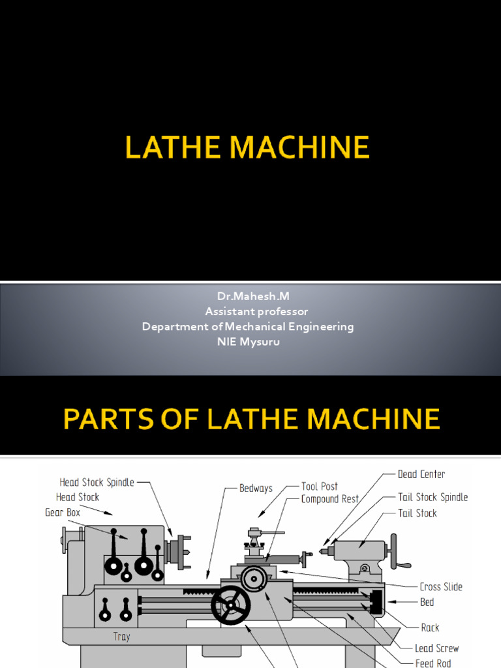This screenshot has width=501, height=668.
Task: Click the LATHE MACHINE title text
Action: point(247,148)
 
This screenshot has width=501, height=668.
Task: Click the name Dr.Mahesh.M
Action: point(248,296)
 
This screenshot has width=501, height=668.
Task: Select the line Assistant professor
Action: point(248,311)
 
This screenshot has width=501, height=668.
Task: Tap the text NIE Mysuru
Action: point(248,342)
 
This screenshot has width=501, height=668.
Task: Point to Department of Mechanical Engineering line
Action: point(248,326)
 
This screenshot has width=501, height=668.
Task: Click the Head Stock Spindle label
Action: point(97,483)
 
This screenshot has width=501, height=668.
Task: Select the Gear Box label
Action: point(63,512)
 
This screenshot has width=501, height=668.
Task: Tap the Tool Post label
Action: point(320,487)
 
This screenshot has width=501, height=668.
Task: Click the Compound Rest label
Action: point(330,499)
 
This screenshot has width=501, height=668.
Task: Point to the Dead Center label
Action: point(421,474)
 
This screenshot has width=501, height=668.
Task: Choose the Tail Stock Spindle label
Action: point(433,497)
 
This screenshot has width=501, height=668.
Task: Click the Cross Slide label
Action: point(441,586)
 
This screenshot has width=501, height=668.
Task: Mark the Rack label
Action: point(430,628)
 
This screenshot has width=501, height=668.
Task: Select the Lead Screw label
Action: point(436,648)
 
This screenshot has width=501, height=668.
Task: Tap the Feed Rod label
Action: point(433,663)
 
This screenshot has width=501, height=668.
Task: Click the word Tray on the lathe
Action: point(121,636)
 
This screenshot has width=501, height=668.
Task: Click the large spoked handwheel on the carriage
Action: point(230,605)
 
